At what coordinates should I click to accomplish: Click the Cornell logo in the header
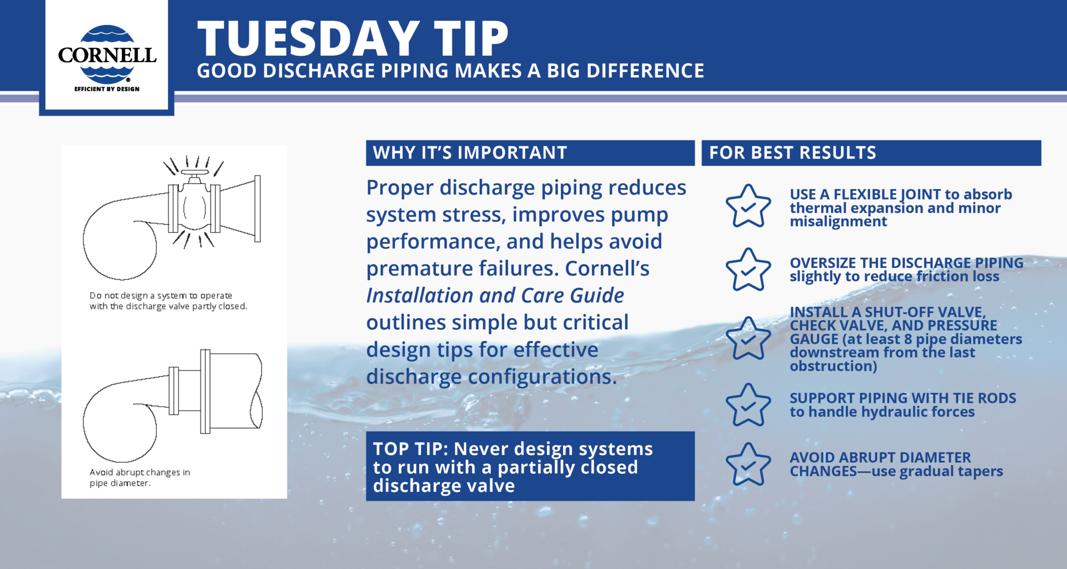coord(107,54)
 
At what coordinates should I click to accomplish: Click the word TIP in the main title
coord(471,39)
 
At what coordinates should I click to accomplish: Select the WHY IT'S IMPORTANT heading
coord(470,153)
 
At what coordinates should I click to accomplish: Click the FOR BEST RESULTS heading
coord(792,153)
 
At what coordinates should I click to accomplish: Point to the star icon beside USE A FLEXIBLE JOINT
coord(748,206)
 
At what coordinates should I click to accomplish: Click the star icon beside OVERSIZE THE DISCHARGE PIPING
coord(748,270)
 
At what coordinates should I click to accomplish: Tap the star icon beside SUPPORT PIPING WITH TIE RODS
coord(748,405)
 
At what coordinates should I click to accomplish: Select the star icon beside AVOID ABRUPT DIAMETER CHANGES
coord(748,465)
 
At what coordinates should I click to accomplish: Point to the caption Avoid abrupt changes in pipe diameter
coord(140,477)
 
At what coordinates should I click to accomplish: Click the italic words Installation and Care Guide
coord(495,295)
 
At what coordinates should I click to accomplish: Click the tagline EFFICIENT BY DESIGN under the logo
coord(107,89)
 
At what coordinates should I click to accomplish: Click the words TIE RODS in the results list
coord(984,398)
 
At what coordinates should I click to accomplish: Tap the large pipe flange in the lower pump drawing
coord(205,391)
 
